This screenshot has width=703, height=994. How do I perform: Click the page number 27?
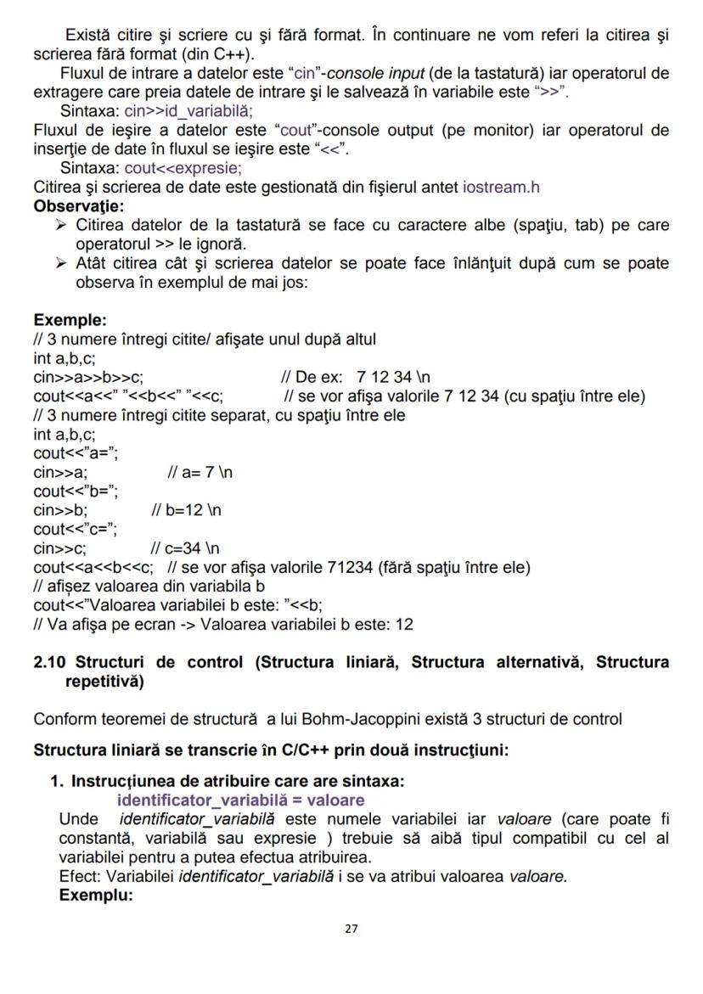(x=351, y=929)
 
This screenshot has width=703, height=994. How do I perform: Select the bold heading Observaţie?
(x=78, y=206)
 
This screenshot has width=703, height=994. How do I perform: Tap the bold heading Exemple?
(x=70, y=320)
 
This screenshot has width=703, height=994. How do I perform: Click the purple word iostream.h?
(x=501, y=188)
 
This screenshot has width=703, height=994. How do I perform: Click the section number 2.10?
(x=50, y=662)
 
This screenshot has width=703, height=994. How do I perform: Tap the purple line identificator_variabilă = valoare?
(x=240, y=800)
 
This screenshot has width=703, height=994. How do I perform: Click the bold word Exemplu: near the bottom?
(x=96, y=895)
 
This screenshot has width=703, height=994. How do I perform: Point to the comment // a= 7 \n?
(x=200, y=472)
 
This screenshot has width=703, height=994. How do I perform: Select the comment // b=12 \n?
(x=186, y=510)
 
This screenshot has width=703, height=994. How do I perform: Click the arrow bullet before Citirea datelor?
(x=61, y=226)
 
